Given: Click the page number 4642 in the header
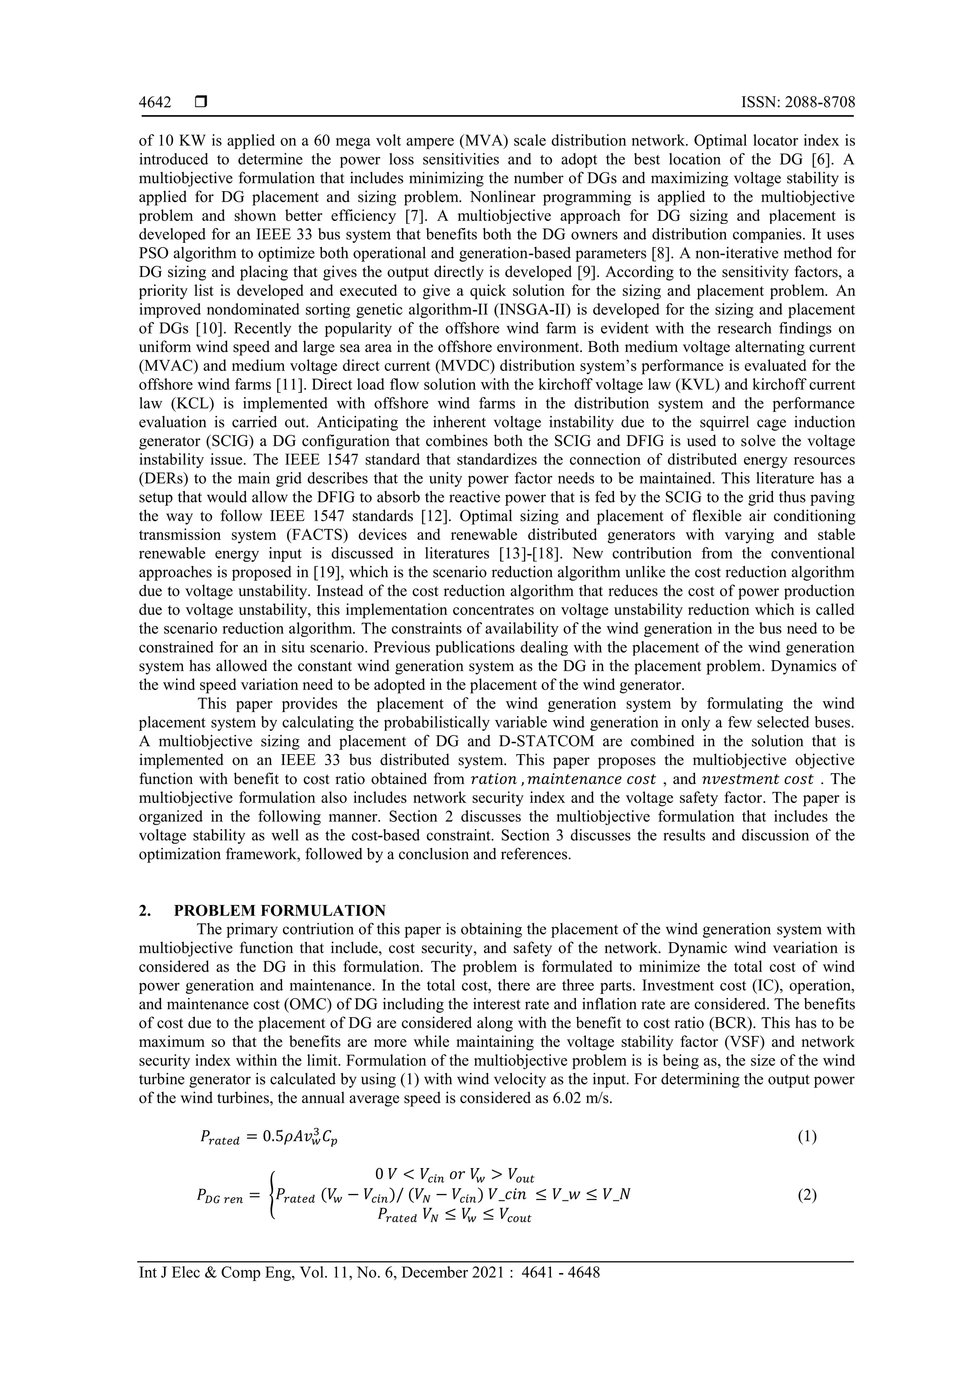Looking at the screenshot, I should point(155,102).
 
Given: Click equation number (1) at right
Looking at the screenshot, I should point(807,1137).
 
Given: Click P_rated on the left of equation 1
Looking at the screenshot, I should point(220,1138).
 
